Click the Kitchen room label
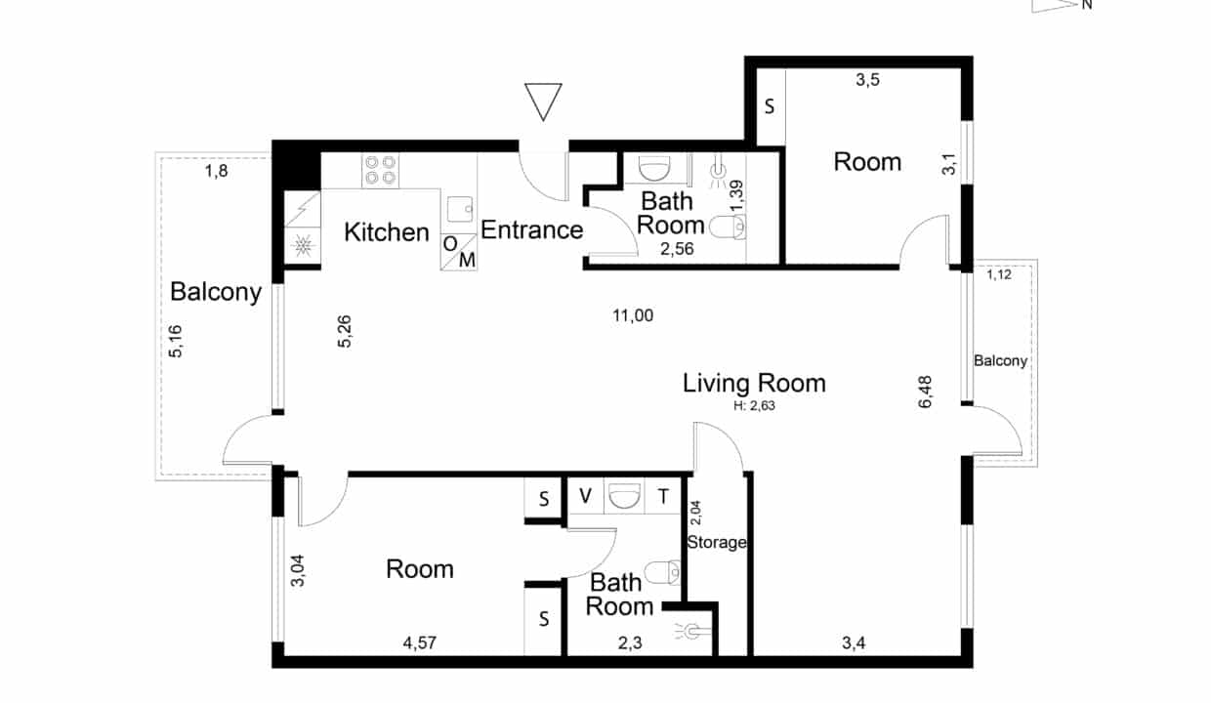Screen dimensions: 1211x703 point(387,232)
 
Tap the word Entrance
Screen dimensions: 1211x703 point(532,230)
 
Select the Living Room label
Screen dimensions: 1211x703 point(754,383)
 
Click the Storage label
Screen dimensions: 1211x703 point(717,542)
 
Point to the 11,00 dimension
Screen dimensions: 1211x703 point(633,315)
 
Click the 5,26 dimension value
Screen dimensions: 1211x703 point(345,331)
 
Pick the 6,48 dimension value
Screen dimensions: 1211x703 point(925,392)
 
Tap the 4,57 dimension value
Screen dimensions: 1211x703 point(420,643)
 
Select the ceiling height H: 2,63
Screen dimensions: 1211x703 point(754,406)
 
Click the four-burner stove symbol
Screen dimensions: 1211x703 point(381,170)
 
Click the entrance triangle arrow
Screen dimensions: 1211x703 point(543,102)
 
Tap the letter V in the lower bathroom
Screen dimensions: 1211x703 point(586,495)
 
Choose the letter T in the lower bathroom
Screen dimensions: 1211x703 point(663,496)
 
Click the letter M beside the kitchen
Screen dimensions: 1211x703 point(467,260)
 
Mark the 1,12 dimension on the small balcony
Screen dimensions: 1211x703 point(999,274)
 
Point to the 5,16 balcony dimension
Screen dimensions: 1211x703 point(176,341)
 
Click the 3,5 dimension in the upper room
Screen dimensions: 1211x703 point(867,80)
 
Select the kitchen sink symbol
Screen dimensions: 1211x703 point(460,209)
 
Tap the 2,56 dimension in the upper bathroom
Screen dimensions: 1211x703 point(677,249)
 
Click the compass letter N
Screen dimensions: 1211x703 point(1087,4)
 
